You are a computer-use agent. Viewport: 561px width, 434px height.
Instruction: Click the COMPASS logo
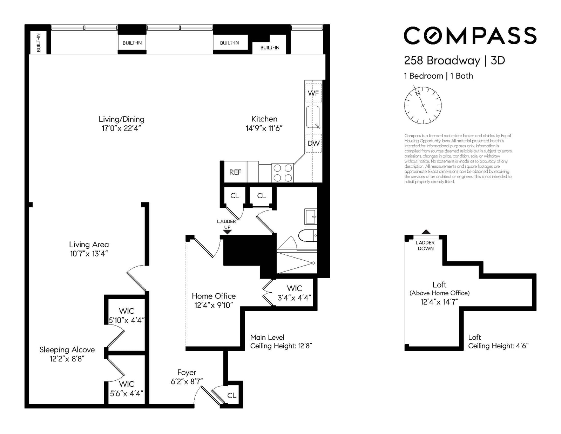470,35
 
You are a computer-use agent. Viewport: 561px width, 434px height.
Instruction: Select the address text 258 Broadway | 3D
454,60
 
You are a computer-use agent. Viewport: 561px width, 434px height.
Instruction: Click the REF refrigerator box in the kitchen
235,172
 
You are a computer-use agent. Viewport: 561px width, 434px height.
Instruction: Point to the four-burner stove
283,173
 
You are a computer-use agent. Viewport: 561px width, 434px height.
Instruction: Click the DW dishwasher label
313,143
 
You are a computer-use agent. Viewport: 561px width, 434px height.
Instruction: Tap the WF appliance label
313,93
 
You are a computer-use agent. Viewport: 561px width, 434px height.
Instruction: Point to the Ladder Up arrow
227,232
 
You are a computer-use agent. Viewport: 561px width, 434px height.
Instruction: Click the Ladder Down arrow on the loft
426,232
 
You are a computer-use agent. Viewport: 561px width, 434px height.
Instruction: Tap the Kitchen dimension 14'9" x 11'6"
264,128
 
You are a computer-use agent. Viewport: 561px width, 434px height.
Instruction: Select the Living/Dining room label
121,119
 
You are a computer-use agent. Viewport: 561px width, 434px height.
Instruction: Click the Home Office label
214,296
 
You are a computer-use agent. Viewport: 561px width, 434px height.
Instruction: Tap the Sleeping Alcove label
67,350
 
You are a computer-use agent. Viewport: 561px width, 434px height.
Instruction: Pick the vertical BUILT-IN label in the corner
39,42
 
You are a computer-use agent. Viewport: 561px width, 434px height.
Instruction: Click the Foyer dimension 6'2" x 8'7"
187,381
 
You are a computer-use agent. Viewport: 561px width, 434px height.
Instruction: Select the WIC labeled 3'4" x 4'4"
294,293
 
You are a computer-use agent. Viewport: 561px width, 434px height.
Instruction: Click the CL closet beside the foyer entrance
231,395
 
